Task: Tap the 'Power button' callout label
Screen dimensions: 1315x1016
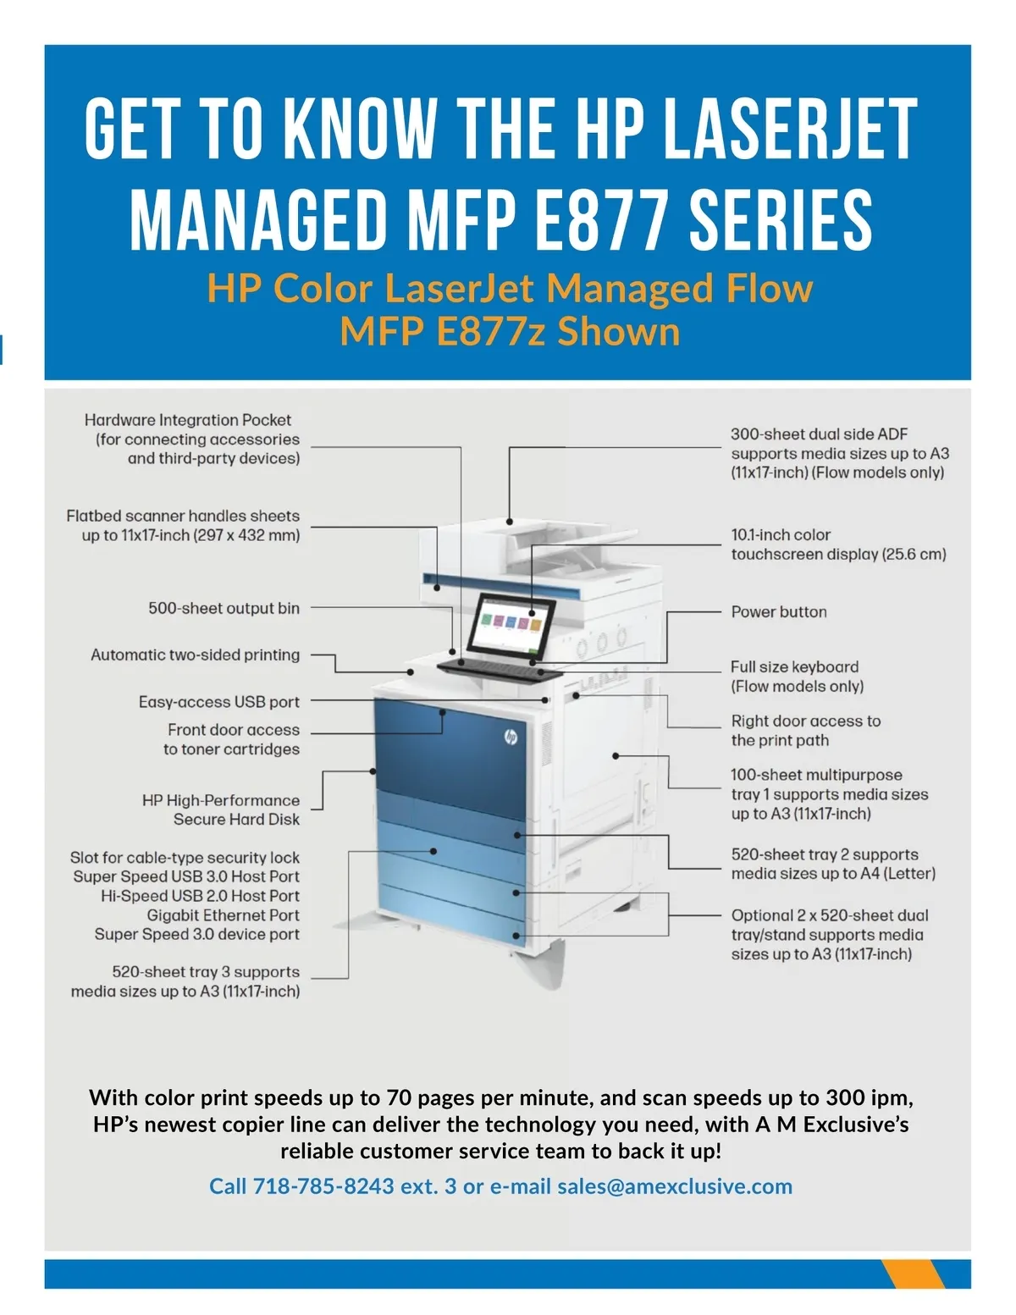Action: [779, 611]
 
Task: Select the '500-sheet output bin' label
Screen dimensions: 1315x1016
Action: [224, 608]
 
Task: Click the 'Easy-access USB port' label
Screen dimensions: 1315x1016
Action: [218, 702]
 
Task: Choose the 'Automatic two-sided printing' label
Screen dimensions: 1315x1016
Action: [195, 655]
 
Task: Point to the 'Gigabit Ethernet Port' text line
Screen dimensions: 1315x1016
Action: [223, 914]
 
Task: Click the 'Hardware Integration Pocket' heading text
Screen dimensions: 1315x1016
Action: [187, 420]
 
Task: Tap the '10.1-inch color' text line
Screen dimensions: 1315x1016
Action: [781, 535]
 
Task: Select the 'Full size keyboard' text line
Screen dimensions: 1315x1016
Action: [794, 666]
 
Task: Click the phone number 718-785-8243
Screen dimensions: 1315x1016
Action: [323, 1185]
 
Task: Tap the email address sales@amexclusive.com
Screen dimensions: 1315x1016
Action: [674, 1185]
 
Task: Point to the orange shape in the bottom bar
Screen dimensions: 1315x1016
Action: [913, 1274]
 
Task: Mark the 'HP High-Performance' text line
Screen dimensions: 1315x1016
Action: [220, 800]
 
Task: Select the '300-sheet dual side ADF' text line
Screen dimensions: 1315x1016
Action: [819, 434]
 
